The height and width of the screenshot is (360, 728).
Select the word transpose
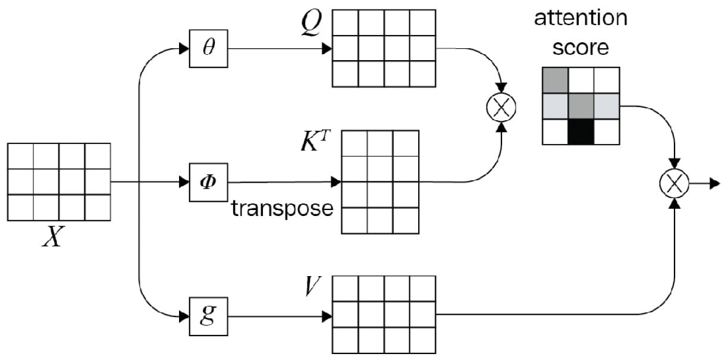click(282, 209)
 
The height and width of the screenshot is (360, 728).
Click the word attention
click(580, 18)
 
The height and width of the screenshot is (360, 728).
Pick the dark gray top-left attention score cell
click(554, 80)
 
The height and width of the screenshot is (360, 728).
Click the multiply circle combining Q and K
click(501, 108)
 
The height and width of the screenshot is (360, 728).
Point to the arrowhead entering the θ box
click(184, 49)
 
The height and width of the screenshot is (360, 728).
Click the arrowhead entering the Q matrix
click(327, 49)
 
